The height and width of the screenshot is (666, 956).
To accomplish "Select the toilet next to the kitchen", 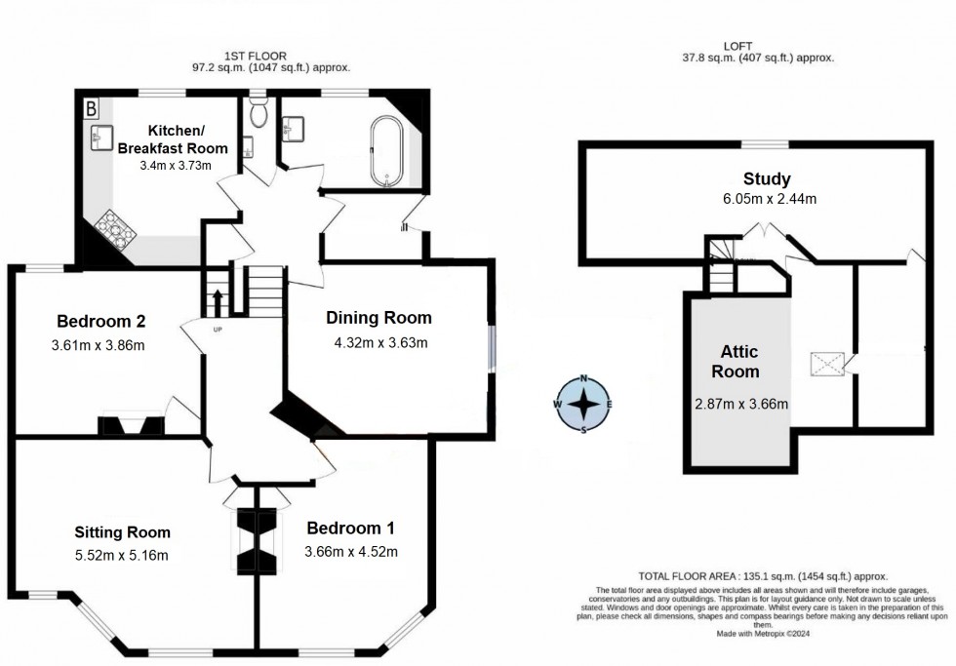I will click(x=258, y=114).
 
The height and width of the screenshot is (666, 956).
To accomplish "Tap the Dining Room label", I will click(x=378, y=318).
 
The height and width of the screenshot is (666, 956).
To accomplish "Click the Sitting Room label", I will click(x=123, y=532).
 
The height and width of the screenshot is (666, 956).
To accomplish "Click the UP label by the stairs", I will click(x=218, y=329).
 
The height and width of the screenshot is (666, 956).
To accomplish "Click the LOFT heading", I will click(x=758, y=46).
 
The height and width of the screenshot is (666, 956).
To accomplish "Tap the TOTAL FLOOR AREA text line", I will click(x=762, y=576).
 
